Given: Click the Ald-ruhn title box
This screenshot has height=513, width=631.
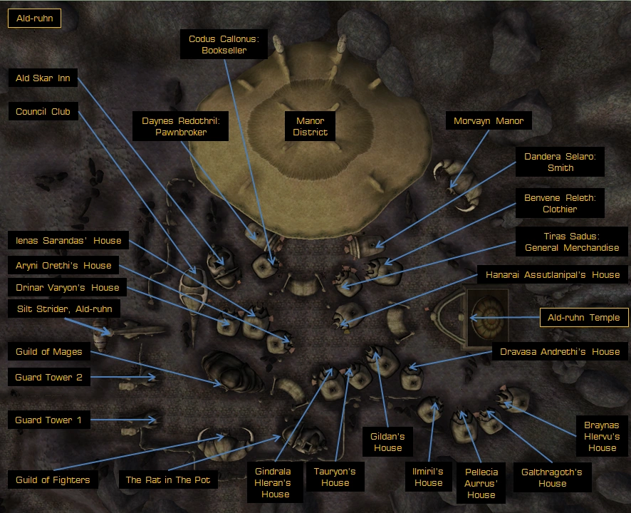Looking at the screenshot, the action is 35,19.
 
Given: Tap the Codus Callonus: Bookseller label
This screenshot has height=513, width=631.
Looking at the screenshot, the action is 224,44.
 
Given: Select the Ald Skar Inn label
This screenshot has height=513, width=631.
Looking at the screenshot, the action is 43,78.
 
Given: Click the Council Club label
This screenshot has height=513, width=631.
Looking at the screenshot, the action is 43,111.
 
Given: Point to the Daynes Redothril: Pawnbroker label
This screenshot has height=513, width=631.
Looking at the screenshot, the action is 181,126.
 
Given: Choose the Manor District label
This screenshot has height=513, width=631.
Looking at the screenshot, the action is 310,126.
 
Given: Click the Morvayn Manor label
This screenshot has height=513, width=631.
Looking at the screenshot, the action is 489,120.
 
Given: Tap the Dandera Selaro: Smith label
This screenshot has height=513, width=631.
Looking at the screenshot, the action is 560,162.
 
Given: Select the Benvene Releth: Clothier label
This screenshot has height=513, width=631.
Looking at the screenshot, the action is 560,203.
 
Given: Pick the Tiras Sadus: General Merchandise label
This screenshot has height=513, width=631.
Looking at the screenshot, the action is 572,242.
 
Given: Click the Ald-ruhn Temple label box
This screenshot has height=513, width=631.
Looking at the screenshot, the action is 584,317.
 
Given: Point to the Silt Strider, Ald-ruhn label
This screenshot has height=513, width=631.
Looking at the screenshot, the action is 64,309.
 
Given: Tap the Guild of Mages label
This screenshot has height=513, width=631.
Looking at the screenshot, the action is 48,351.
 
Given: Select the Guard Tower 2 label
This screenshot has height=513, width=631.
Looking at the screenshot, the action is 48,377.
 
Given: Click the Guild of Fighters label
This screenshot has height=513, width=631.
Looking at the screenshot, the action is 53,480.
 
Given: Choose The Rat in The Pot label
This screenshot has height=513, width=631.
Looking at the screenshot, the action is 168,480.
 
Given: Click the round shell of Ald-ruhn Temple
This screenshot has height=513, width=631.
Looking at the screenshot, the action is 488,318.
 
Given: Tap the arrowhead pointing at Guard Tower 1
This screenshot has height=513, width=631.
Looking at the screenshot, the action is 152,420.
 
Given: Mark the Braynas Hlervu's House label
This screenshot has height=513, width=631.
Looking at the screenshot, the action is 602,436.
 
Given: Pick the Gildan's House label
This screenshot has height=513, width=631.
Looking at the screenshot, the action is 387,442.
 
